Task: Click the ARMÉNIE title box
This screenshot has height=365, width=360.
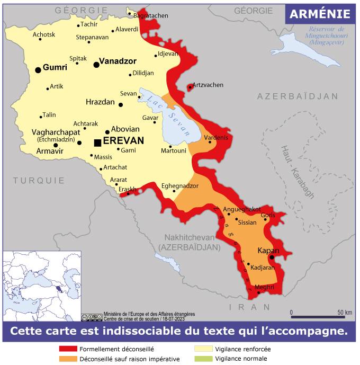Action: click(x=319, y=14)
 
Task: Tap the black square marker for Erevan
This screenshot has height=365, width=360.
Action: click(x=97, y=143)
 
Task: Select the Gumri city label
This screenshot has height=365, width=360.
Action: click(x=55, y=68)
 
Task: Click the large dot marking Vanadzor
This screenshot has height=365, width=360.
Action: click(x=96, y=65)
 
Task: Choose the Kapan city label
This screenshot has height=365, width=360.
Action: click(x=268, y=250)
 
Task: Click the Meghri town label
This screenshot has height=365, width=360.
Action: click(x=264, y=287)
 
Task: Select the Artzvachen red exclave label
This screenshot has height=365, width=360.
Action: click(x=208, y=85)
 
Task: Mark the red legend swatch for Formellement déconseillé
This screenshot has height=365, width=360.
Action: click(x=68, y=349)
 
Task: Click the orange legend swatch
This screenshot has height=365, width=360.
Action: click(x=68, y=359)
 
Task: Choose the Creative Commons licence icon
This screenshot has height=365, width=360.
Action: click(x=92, y=317)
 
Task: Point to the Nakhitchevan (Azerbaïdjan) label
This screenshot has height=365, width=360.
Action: click(x=189, y=242)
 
